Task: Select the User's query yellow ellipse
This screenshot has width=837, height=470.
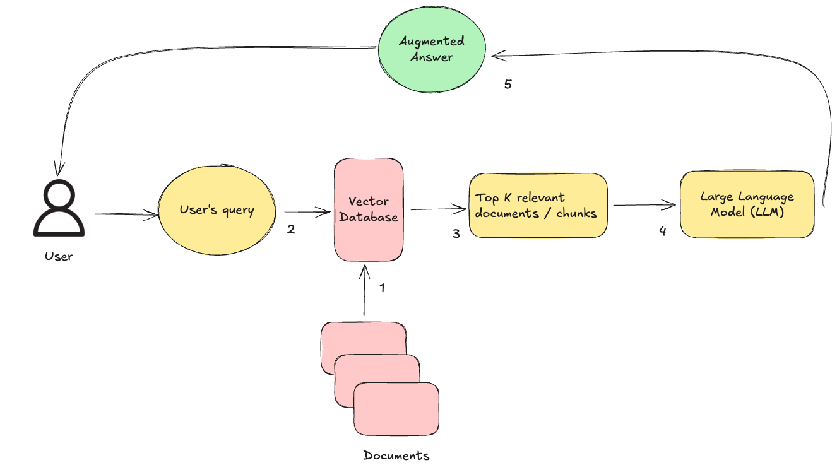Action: (x=217, y=210)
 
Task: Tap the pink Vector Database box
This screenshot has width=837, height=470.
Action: (x=369, y=210)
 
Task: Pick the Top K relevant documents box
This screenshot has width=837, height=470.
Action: (x=538, y=206)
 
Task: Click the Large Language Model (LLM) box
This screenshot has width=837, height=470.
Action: (x=747, y=204)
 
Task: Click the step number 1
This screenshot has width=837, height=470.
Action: (x=382, y=288)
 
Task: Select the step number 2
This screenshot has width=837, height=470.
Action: (x=291, y=230)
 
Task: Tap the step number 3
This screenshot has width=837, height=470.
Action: (x=456, y=233)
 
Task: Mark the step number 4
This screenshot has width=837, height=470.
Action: (x=662, y=231)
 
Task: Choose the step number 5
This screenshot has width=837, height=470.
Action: (x=508, y=84)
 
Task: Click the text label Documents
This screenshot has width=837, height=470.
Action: (x=396, y=455)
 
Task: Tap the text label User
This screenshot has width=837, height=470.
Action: (x=59, y=256)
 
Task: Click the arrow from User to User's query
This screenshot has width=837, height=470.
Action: (x=123, y=214)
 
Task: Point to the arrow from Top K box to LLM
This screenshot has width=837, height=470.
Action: (x=644, y=205)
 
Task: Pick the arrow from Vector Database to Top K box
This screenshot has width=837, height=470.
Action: (x=436, y=209)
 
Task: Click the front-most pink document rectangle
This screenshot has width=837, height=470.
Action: (x=396, y=409)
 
